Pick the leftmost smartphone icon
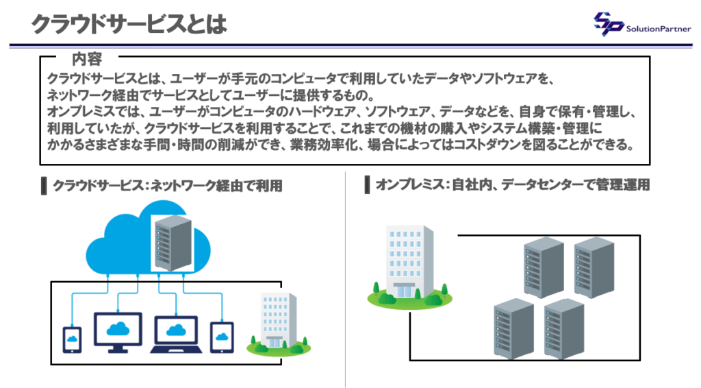72,339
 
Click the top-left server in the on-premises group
543,269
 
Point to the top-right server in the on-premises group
592,269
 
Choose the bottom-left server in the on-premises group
513,329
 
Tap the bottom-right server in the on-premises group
563,330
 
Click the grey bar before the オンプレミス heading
368,185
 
